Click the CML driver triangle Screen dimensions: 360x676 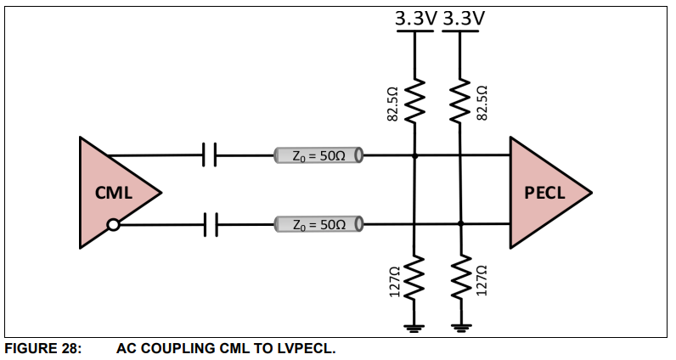pyautogui.click(x=115, y=193)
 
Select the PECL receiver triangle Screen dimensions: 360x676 pyautogui.click(x=544, y=193)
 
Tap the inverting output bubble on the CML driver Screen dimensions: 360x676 pyautogui.click(x=113, y=225)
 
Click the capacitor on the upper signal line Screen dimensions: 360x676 pyautogui.click(x=211, y=155)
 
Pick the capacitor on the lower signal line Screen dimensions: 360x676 pyautogui.click(x=211, y=225)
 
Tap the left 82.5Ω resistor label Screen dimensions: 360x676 pyautogui.click(x=393, y=102)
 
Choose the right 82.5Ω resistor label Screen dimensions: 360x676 pyautogui.click(x=483, y=102)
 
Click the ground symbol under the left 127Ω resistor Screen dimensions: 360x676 pyautogui.click(x=414, y=327)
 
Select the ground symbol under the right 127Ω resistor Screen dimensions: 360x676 pyautogui.click(x=460, y=327)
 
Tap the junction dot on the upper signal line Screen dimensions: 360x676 pyautogui.click(x=414, y=156)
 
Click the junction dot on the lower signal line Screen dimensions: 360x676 pyautogui.click(x=460, y=224)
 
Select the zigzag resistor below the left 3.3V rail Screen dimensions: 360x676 pyautogui.click(x=414, y=100)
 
